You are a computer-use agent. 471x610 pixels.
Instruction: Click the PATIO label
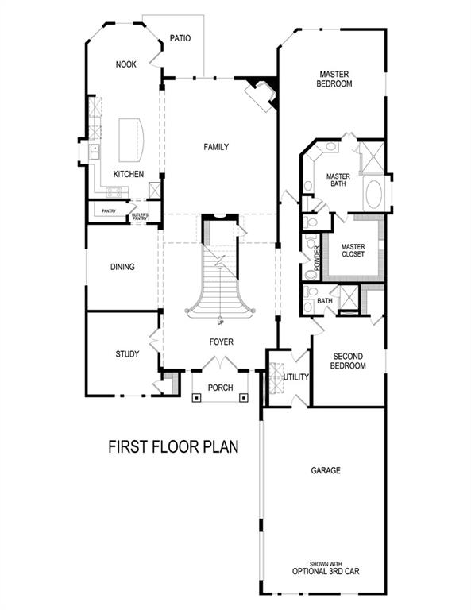tap(180, 37)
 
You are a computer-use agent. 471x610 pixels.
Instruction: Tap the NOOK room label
tap(125, 64)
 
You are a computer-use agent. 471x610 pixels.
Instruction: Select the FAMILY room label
tap(216, 147)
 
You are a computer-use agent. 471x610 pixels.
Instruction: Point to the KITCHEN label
tap(128, 174)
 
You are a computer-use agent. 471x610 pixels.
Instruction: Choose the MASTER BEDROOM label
tap(334, 78)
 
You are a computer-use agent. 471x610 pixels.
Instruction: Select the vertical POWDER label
tap(317, 259)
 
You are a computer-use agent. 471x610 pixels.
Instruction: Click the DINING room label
tap(122, 267)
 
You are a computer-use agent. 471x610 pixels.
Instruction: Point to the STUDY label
tap(127, 354)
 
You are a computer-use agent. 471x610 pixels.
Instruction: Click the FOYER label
tap(222, 342)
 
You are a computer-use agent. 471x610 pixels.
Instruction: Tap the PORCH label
tap(220, 388)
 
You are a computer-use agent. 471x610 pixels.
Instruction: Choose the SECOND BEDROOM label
tap(349, 361)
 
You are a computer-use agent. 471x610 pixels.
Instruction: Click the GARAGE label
tap(326, 471)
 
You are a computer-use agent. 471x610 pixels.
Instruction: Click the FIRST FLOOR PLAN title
tap(173, 448)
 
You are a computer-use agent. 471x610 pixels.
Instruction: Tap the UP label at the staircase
tap(220, 322)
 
